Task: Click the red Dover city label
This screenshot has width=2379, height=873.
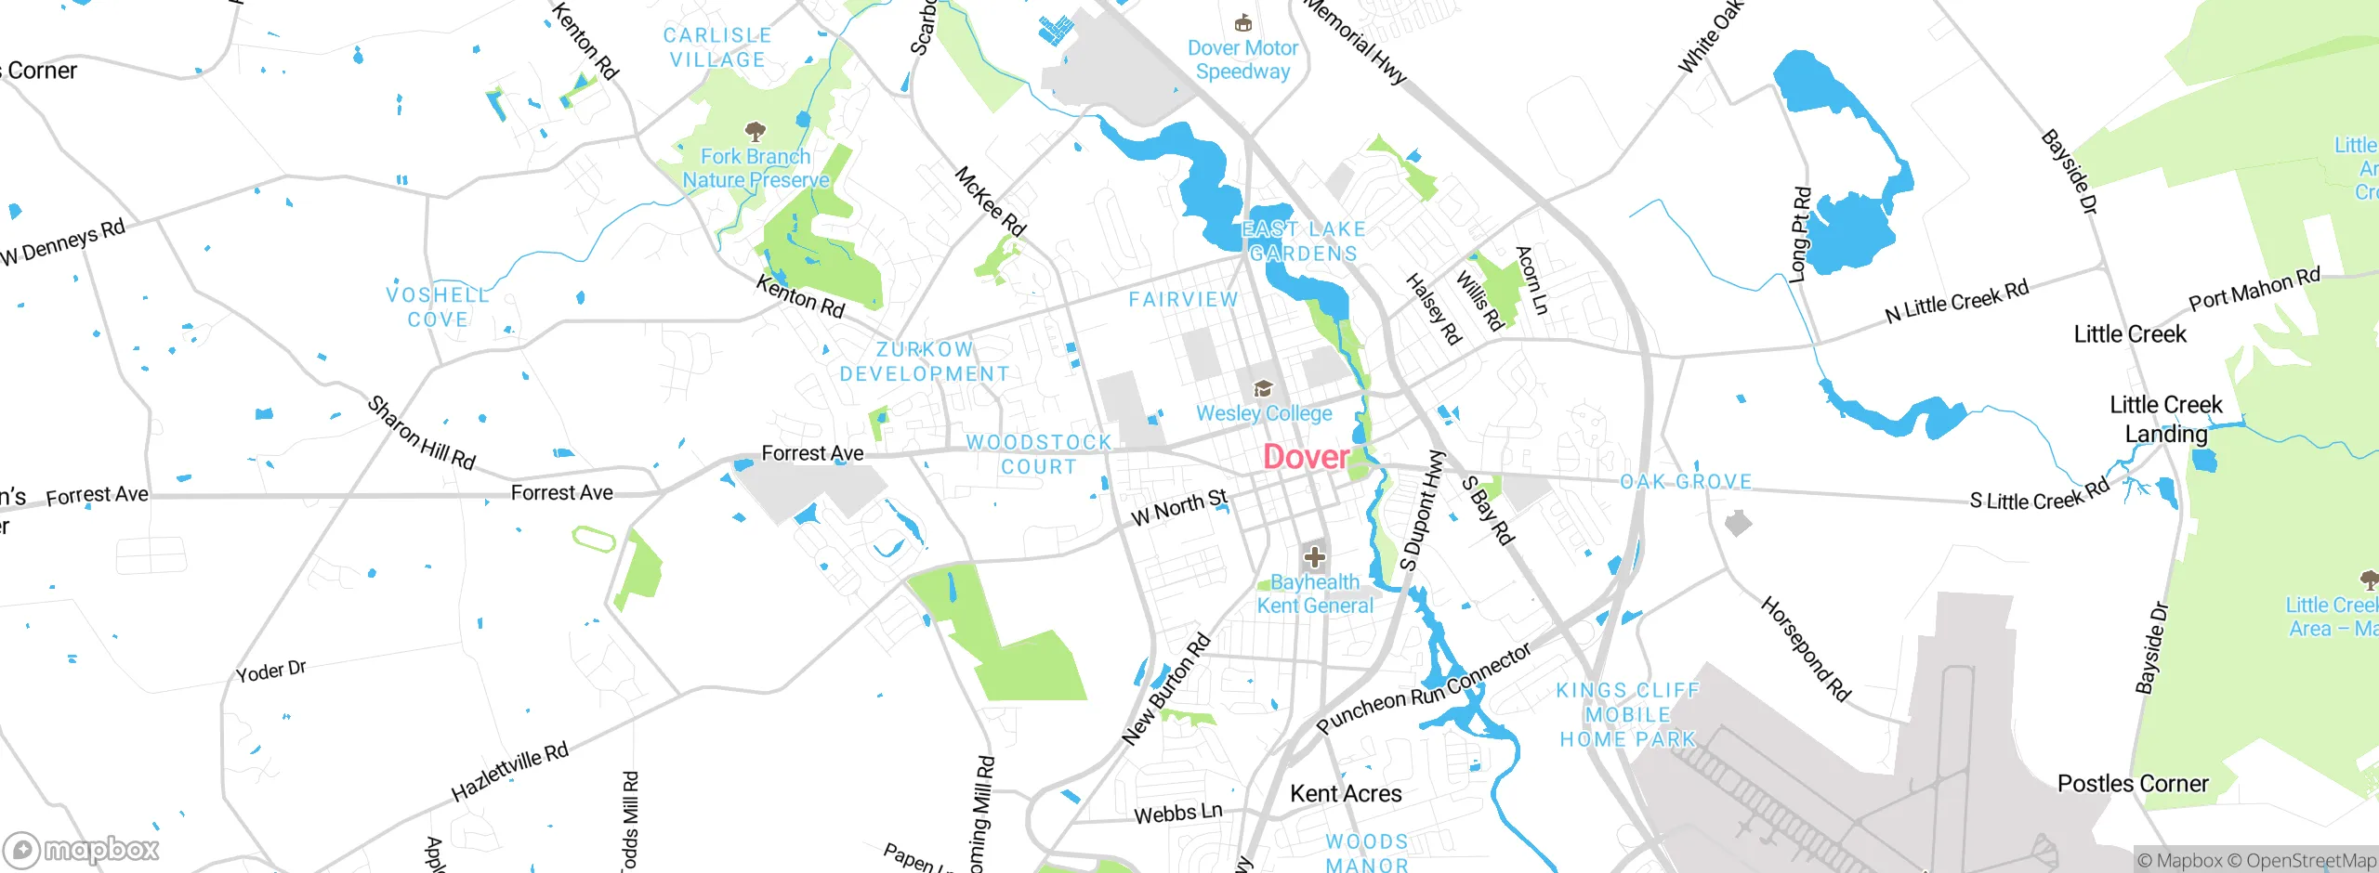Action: click(x=1306, y=457)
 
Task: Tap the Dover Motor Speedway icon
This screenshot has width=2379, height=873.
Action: click(x=1242, y=23)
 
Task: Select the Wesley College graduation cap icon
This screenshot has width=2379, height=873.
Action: click(x=1263, y=388)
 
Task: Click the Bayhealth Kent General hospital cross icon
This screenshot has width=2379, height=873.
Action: click(x=1314, y=557)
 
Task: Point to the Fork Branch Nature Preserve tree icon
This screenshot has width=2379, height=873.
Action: click(x=756, y=131)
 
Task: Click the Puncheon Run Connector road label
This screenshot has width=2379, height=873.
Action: click(x=1424, y=689)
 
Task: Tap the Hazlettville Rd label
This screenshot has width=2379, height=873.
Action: click(x=509, y=772)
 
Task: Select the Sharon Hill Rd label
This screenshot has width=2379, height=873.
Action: click(x=421, y=433)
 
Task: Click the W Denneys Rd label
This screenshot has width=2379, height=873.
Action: click(x=63, y=242)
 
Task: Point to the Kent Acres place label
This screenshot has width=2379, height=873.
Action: click(x=1346, y=794)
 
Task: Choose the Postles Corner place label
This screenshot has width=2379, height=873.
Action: click(x=2133, y=784)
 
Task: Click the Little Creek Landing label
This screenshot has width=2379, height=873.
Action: click(x=2165, y=419)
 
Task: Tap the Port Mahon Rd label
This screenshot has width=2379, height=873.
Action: click(x=2254, y=289)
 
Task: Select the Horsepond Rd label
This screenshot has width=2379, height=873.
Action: click(x=1806, y=648)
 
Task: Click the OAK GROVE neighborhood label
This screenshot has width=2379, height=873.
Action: click(x=1686, y=482)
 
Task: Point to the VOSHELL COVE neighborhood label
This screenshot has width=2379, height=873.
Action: click(x=438, y=307)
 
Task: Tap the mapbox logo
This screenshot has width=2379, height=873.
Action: click(x=82, y=850)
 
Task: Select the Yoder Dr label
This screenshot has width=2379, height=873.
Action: click(x=270, y=671)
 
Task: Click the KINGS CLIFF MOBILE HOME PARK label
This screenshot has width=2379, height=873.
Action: click(x=1628, y=715)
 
